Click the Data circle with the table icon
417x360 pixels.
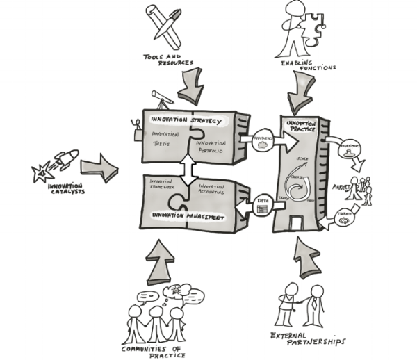[263, 205]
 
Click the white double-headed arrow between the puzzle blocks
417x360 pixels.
[187, 165]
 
